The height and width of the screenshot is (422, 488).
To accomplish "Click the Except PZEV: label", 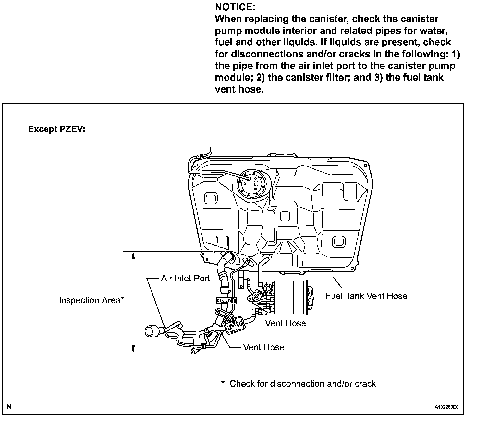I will coord(56,129).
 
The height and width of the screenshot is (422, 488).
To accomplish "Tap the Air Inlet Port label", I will coord(185,279).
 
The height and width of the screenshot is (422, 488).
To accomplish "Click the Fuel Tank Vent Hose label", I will coord(366,296).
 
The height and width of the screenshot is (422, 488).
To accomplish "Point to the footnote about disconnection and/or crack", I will coord(298,384).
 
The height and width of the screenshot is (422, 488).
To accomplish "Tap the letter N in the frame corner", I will coord(9,406).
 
